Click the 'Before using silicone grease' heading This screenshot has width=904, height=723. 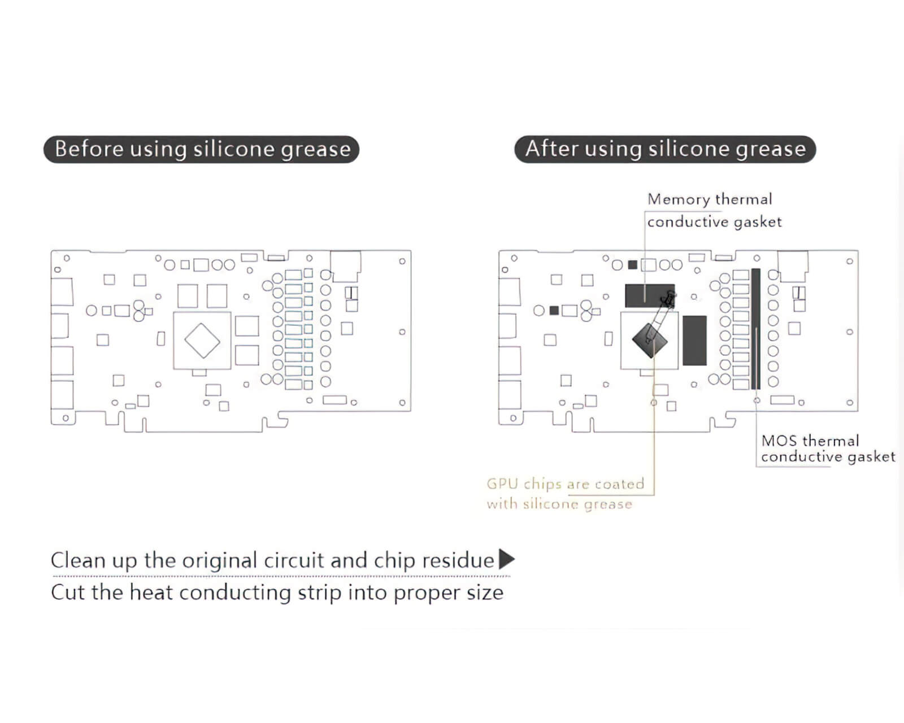pos(202,149)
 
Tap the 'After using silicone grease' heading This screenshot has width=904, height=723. pos(665,149)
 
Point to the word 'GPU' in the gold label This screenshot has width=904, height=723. pos(502,484)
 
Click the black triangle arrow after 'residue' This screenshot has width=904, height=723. pos(507,559)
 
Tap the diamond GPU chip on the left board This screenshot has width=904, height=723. pos(202,341)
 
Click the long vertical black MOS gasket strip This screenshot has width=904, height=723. pos(756,329)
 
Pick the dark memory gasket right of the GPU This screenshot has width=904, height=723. pos(694,340)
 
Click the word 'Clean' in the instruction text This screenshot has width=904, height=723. pos(77,560)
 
